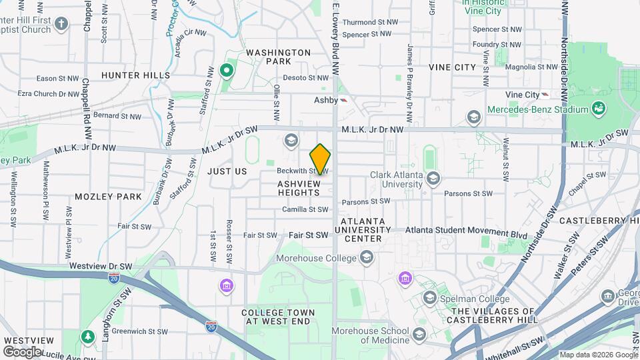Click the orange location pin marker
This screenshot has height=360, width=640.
click(x=321, y=159)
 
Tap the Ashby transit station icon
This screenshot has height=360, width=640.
click(x=344, y=100)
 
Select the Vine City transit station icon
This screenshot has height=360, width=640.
click(x=545, y=95)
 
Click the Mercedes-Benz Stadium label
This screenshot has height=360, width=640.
click(x=537, y=109)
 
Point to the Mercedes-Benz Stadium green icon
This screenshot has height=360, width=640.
click(x=599, y=108)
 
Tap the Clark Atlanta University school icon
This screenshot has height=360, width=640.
click(x=433, y=177)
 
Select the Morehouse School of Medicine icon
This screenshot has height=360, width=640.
click(x=419, y=333)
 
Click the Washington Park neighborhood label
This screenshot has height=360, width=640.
click(x=279, y=57)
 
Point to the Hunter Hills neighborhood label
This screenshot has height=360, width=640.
click(x=136, y=75)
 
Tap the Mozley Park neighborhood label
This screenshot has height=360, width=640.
click(x=108, y=197)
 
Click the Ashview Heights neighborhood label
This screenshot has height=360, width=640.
click(x=299, y=187)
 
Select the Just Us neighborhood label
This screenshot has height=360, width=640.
click(x=227, y=171)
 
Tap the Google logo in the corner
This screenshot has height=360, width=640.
click(x=22, y=351)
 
